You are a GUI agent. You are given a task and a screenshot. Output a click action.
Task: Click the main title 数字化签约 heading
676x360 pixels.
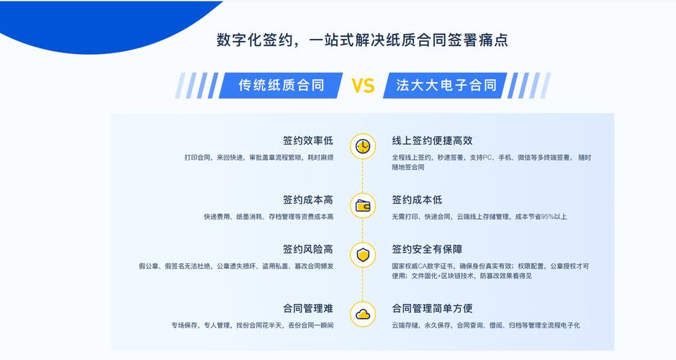[x=362, y=40]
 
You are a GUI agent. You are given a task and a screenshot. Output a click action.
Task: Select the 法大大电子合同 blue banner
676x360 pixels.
[x=446, y=86]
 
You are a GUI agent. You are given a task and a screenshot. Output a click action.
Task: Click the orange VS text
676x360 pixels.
[x=363, y=86]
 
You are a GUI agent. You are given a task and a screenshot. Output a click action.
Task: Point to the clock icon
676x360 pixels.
[x=363, y=146]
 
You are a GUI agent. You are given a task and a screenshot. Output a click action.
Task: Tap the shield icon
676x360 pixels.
[x=363, y=255]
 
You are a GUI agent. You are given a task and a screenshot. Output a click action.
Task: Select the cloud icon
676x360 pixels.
[x=363, y=313]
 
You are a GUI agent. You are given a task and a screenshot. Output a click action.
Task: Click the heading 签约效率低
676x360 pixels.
[x=308, y=140]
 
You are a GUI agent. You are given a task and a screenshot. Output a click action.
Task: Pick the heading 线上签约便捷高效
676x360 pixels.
[x=432, y=140]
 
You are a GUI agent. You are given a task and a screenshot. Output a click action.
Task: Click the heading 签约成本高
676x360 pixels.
[x=308, y=200]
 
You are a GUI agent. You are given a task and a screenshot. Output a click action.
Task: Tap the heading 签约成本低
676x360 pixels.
[x=417, y=200]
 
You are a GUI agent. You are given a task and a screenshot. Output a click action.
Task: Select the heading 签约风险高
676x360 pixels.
[x=308, y=249]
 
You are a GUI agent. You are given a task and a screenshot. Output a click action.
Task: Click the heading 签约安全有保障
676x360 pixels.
[x=427, y=249]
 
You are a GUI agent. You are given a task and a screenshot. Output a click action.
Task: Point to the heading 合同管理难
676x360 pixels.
[x=308, y=308]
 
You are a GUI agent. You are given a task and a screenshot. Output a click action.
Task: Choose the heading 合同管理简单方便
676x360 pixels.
[x=432, y=308]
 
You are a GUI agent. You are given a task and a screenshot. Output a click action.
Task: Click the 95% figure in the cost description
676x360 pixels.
[x=548, y=217]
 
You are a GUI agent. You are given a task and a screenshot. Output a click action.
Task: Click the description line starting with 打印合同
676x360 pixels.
[x=258, y=157]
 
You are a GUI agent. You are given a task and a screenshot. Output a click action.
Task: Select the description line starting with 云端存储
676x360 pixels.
[x=486, y=325]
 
